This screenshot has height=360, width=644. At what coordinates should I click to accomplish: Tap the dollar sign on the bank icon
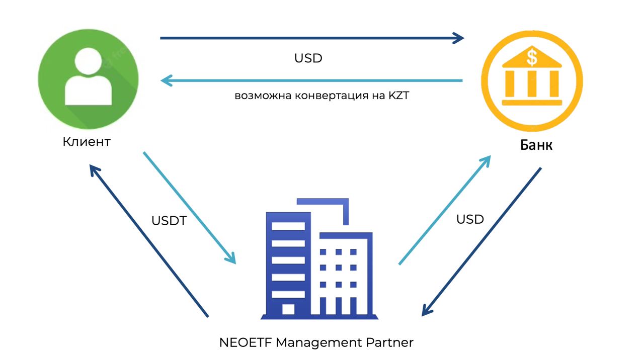coord(532,57)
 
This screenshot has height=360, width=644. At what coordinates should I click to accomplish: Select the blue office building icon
coord(317,259)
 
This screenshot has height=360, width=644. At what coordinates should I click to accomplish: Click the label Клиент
coord(87,142)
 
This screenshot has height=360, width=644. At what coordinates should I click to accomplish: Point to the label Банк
coord(536,145)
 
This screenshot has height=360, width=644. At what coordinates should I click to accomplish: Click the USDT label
coord(169,221)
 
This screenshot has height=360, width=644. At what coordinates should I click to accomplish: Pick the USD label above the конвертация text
coord(308,58)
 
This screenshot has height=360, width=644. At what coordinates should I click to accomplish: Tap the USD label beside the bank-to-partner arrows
coord(470,219)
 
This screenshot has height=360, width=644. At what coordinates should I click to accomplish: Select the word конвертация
coord(326,96)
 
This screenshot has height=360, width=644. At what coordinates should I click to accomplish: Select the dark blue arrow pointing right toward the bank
coord(312,38)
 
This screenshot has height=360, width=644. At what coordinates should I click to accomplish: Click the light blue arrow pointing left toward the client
coord(312,80)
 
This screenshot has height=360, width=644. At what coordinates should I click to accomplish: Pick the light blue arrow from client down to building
coord(190,208)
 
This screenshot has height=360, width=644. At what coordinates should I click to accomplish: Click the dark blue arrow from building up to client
coord(149,241)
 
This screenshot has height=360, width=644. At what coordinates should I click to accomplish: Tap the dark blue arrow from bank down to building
coord(481,242)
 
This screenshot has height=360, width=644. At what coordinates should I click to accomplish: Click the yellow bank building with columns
coord(532,80)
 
